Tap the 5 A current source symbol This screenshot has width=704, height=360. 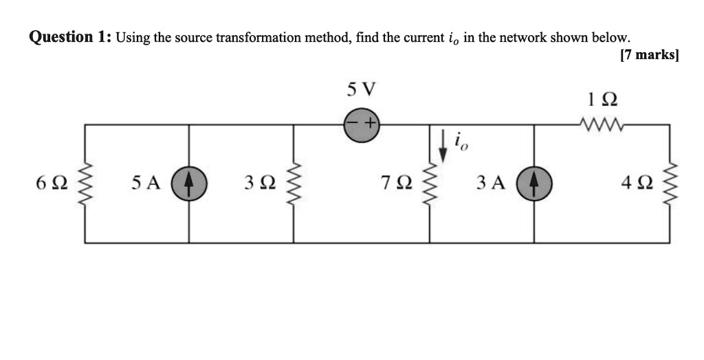click(189, 183)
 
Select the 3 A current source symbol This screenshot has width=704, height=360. click(534, 183)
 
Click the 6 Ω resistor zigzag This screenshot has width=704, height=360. click(85, 183)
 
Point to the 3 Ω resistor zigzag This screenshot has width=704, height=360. click(294, 183)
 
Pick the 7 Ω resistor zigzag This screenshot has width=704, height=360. click(430, 183)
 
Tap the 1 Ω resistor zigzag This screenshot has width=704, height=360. click(602, 124)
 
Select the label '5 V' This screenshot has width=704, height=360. click(362, 89)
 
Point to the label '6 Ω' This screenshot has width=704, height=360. click(52, 183)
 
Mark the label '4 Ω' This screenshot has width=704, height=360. click(636, 183)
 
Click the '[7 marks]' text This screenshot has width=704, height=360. click(648, 55)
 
